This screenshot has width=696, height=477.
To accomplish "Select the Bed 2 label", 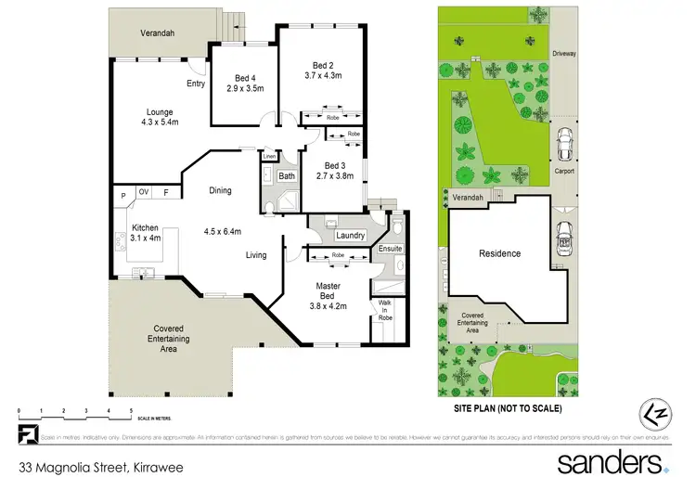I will pos(322,65).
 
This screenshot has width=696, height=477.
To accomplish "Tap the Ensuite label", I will pos(390,249).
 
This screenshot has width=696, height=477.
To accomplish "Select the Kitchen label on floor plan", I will pos(145,226).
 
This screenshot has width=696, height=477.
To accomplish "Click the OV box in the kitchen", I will pos(144,192).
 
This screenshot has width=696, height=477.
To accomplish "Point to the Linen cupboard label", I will pos(267,156).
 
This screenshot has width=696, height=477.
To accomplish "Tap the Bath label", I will pos(287,175).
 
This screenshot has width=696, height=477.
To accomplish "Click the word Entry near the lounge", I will pos(195,84).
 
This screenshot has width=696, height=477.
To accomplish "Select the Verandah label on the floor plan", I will pos(158,33).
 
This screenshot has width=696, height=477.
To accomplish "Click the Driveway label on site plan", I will pos(563,54).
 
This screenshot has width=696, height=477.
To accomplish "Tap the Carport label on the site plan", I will pos(564,171).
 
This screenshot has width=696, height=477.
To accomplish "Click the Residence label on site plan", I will pos(499,253).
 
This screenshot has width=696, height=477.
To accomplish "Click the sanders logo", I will pos(612,461).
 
